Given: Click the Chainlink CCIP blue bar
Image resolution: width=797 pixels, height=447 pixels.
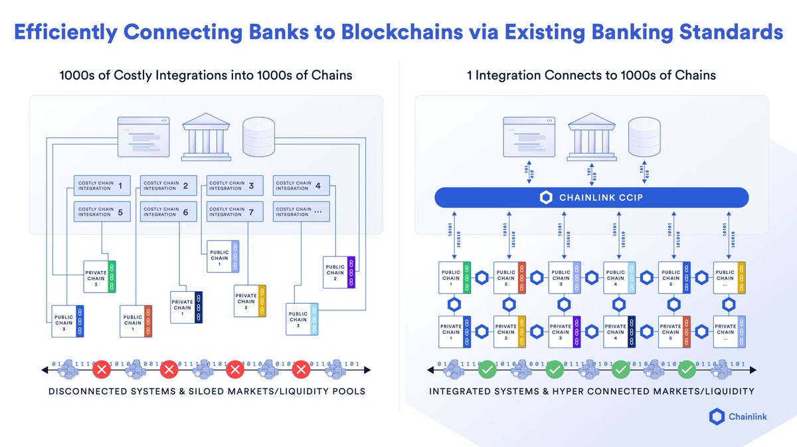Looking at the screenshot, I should click(591, 198).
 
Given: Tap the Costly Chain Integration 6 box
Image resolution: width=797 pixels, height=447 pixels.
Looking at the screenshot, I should click(167, 212).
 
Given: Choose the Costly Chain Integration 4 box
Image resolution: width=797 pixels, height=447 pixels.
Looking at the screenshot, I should click(300, 186).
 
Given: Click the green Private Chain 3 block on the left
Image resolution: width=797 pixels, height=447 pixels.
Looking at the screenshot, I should click(100, 276).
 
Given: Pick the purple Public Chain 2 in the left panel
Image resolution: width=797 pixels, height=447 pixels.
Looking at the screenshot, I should click(340, 272).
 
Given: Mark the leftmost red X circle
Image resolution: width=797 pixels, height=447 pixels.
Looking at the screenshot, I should click(101, 368).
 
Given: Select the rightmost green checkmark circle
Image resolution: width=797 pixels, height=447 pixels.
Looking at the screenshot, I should click(687, 368).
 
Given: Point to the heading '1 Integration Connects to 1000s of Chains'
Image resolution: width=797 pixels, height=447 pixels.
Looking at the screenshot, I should click(591, 75).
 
